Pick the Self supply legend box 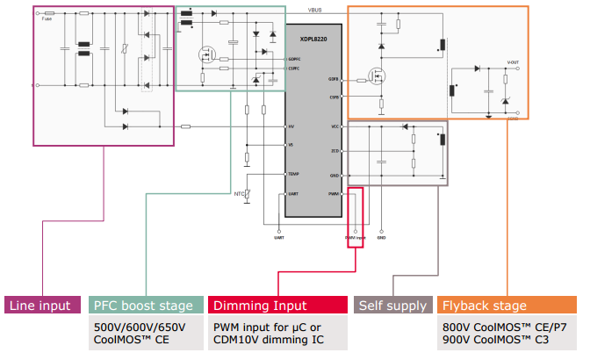392,306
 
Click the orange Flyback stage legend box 507,306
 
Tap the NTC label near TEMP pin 237,193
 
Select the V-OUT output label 513,63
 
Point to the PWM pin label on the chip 334,193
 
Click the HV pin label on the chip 291,127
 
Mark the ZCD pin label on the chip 335,151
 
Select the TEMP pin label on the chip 293,175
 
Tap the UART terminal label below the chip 279,237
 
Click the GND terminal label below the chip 381,237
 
